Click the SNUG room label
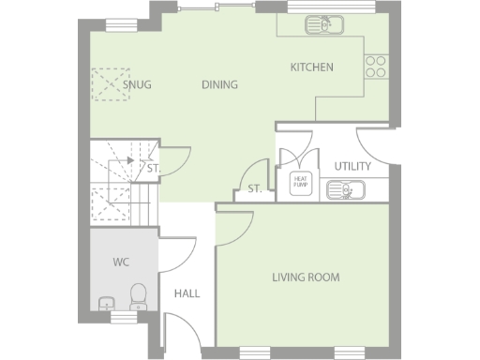[x=137, y=84]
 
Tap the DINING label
[x=219, y=84]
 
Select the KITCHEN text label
[x=311, y=67]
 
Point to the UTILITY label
[x=352, y=166]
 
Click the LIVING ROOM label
[x=306, y=277]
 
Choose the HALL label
[x=187, y=293]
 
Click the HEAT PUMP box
[x=301, y=180]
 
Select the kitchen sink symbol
[x=317, y=24]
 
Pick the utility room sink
[x=347, y=191]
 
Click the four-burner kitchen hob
[x=375, y=65]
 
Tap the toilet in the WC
[x=138, y=296]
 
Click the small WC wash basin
[x=106, y=303]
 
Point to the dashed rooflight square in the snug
[x=107, y=83]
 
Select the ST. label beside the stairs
[x=153, y=169]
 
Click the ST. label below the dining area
[x=253, y=190]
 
